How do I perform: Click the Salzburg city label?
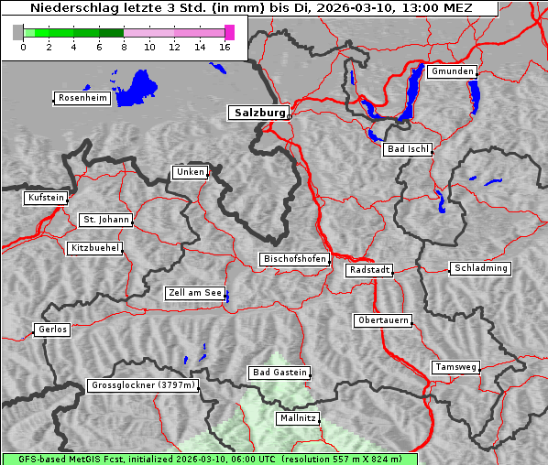258,113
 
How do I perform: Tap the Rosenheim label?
82,98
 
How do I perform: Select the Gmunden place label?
452,71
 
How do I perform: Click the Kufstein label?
46,198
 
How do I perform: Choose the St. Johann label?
105,220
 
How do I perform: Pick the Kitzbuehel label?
94,248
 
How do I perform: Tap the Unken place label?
190,172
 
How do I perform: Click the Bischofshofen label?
294,260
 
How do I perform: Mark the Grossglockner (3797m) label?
143,386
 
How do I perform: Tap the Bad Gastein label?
279,373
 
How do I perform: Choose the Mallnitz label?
298,418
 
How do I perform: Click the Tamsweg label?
455,367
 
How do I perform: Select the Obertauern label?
383,321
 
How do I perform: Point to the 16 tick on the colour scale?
225,47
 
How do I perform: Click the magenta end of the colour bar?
229,32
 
